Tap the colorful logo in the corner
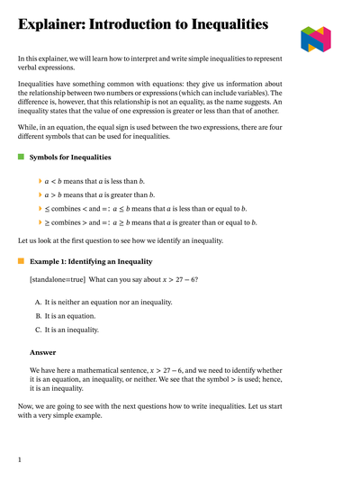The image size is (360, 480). click(x=316, y=39)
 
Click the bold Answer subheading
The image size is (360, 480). click(x=43, y=352)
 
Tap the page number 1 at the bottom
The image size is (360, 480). click(x=20, y=459)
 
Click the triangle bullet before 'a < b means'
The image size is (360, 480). click(x=40, y=181)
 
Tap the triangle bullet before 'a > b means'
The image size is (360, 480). click(x=40, y=195)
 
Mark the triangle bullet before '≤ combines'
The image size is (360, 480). click(x=40, y=208)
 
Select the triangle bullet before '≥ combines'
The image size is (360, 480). click(x=40, y=222)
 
